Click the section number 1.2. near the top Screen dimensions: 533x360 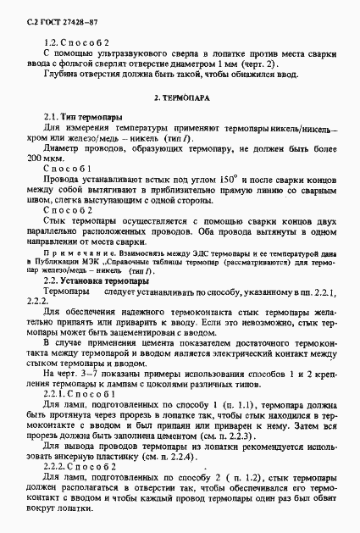coord(50,41)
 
